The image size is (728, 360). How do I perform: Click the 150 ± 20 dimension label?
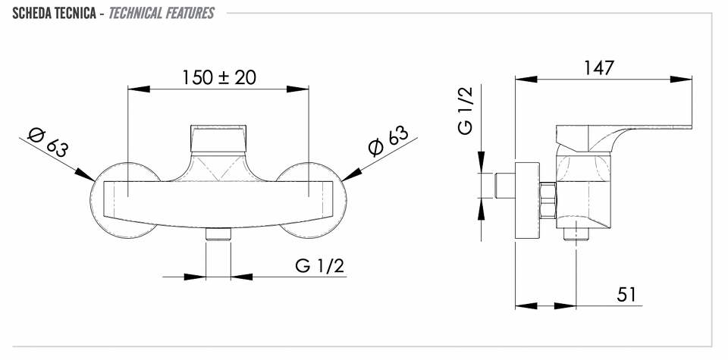(218, 77)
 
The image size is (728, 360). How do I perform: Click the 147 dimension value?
(599, 68)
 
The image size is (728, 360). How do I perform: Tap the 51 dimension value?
(626, 294)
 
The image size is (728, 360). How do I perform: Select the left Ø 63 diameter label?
(49, 142)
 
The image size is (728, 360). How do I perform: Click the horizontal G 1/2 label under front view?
(320, 266)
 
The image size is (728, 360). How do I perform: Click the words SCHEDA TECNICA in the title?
(55, 13)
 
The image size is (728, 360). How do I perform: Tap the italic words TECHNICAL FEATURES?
(161, 13)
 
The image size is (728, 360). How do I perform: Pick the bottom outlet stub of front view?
(218, 234)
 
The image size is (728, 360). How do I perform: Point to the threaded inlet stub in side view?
(505, 186)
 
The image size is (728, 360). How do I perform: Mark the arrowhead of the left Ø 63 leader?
(86, 175)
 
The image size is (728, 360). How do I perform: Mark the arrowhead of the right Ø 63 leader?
(351, 174)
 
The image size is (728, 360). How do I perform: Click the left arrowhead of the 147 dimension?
(526, 80)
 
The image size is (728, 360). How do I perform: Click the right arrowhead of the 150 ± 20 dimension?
(297, 89)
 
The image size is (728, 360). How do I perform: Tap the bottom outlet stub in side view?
(576, 234)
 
